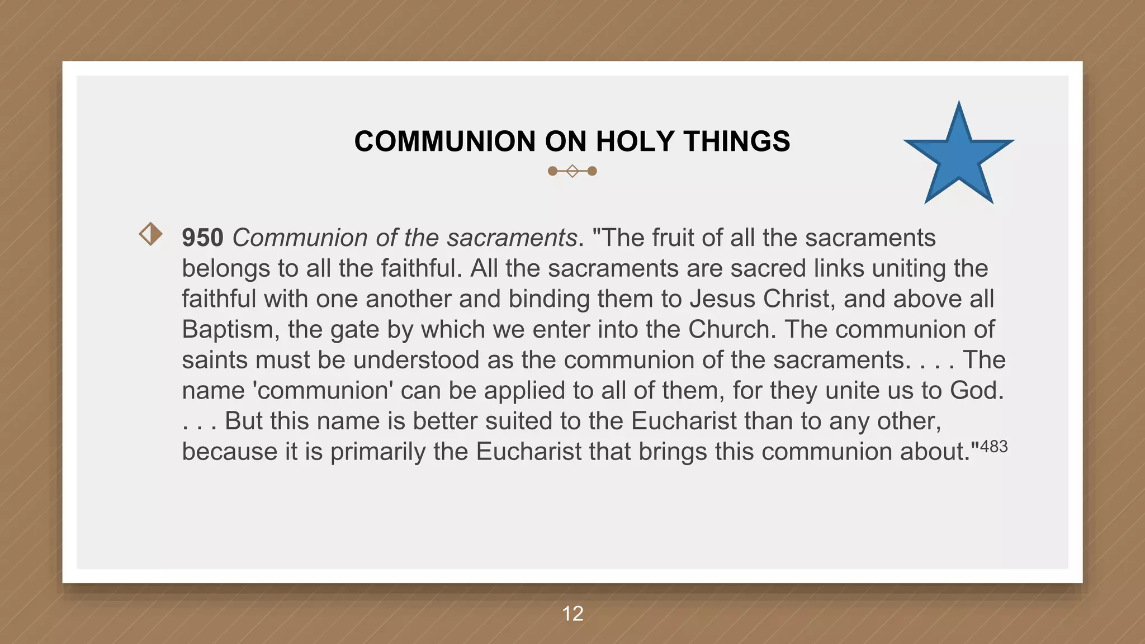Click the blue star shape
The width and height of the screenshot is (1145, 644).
(x=959, y=157)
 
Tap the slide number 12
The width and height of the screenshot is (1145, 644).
(x=572, y=614)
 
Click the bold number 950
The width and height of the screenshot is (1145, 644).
(x=202, y=238)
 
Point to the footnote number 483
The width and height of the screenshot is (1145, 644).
(x=994, y=447)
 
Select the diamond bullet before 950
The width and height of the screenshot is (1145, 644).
(x=150, y=234)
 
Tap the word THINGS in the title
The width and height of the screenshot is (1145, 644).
(x=736, y=141)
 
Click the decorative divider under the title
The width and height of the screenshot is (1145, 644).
(x=572, y=171)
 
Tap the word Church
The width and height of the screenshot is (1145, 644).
(x=732, y=330)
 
